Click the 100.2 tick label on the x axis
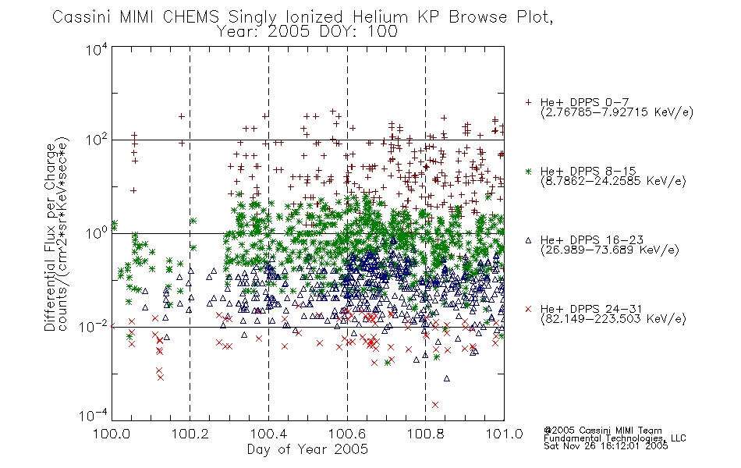coord(190,434)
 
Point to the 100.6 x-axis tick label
coord(347,434)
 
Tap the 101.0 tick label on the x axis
coord(504,434)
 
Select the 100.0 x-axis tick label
coord(112,434)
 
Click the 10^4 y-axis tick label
coord(97,49)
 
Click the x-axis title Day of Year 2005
coord(307,449)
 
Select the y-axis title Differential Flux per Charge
coord(50,237)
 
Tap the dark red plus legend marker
coord(528,102)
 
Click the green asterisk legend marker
coord(528,171)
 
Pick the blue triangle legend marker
coord(528,240)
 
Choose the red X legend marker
coord(528,309)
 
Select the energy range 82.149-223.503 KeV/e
coord(613,319)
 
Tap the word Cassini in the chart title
coord(82,16)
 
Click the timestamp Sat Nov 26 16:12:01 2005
coord(606,445)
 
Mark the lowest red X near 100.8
coord(435,405)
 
